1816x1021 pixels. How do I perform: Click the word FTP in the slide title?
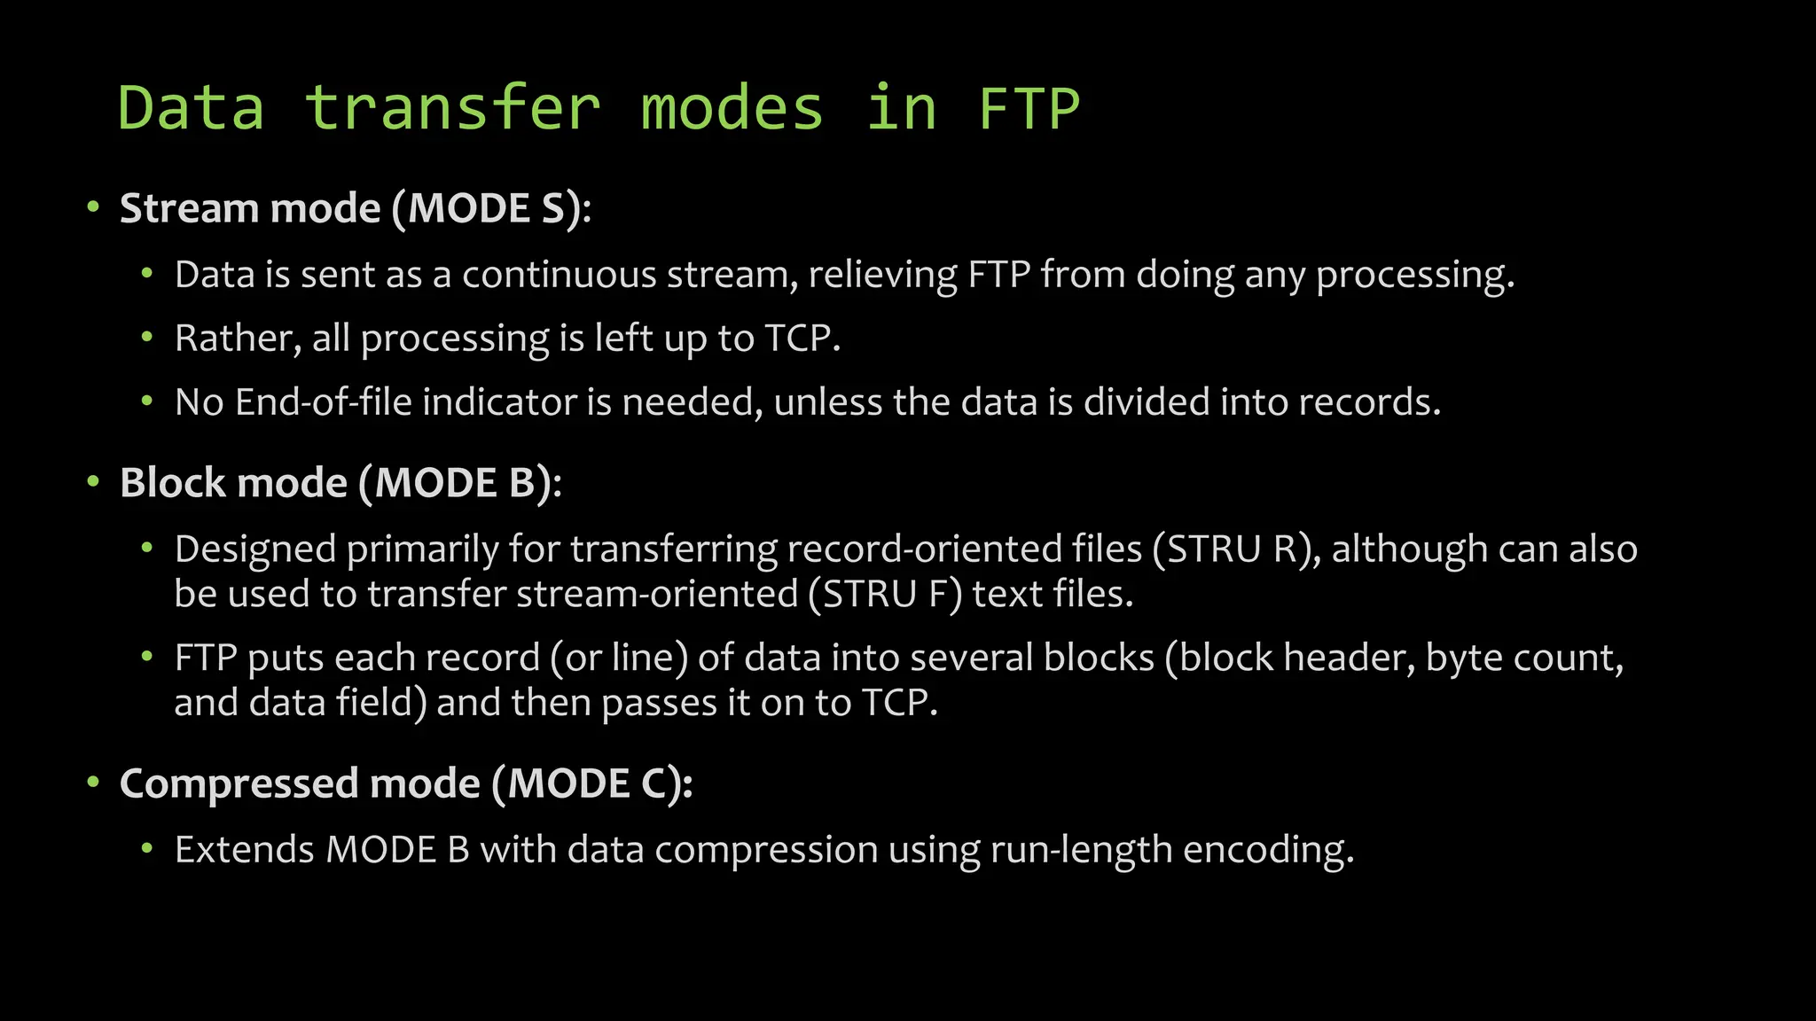pyautogui.click(x=1029, y=109)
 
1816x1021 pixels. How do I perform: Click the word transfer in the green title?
pyautogui.click(x=452, y=109)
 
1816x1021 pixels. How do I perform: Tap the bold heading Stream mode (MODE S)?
pyautogui.click(x=355, y=209)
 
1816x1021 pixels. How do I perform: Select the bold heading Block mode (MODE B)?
pyautogui.click(x=340, y=484)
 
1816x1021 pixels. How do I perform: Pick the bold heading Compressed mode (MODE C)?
pyautogui.click(x=406, y=784)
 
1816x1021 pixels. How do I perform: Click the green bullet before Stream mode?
pyautogui.click(x=93, y=209)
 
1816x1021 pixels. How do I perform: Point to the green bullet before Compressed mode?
pyautogui.click(x=93, y=783)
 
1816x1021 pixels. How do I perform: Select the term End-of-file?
pyautogui.click(x=324, y=402)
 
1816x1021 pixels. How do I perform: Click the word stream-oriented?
pyautogui.click(x=657, y=594)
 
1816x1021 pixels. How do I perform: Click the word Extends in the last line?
pyautogui.click(x=245, y=850)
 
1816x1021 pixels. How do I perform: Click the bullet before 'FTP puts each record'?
pyautogui.click(x=147, y=658)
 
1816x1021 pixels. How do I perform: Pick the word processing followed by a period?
pyautogui.click(x=1414, y=275)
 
